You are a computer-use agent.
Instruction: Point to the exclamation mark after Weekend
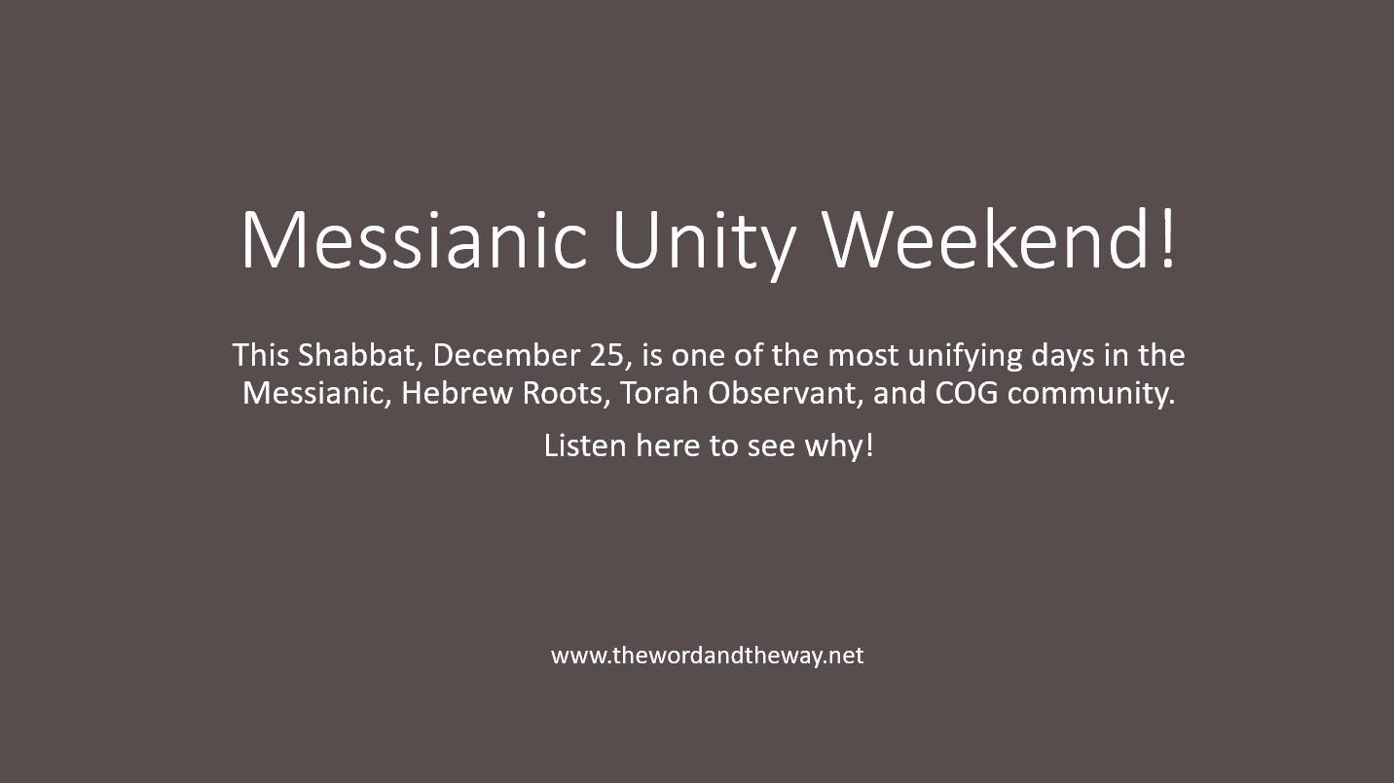coord(1167,238)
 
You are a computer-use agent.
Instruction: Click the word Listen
coord(585,445)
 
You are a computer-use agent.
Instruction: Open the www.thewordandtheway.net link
coord(707,656)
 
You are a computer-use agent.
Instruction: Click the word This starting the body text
coord(261,356)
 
